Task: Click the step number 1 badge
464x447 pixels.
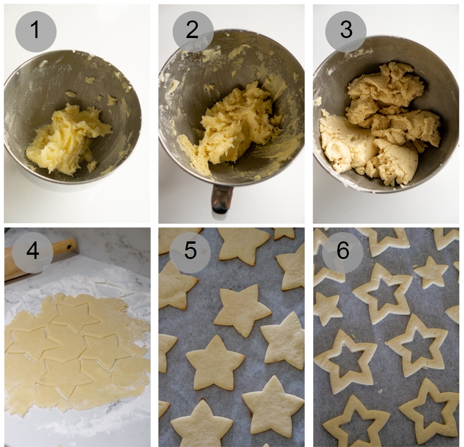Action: [x=36, y=32]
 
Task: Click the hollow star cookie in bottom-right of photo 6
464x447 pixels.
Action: [x=429, y=411]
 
